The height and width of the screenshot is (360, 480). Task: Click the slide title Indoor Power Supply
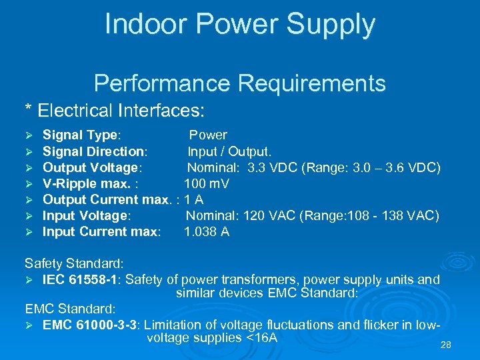click(x=240, y=25)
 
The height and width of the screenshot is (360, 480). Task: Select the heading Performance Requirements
click(x=240, y=84)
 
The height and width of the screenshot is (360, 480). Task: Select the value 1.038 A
click(x=207, y=232)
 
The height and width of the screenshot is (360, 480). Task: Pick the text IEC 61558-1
click(x=81, y=280)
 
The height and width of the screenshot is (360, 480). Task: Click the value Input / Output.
click(x=229, y=151)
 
